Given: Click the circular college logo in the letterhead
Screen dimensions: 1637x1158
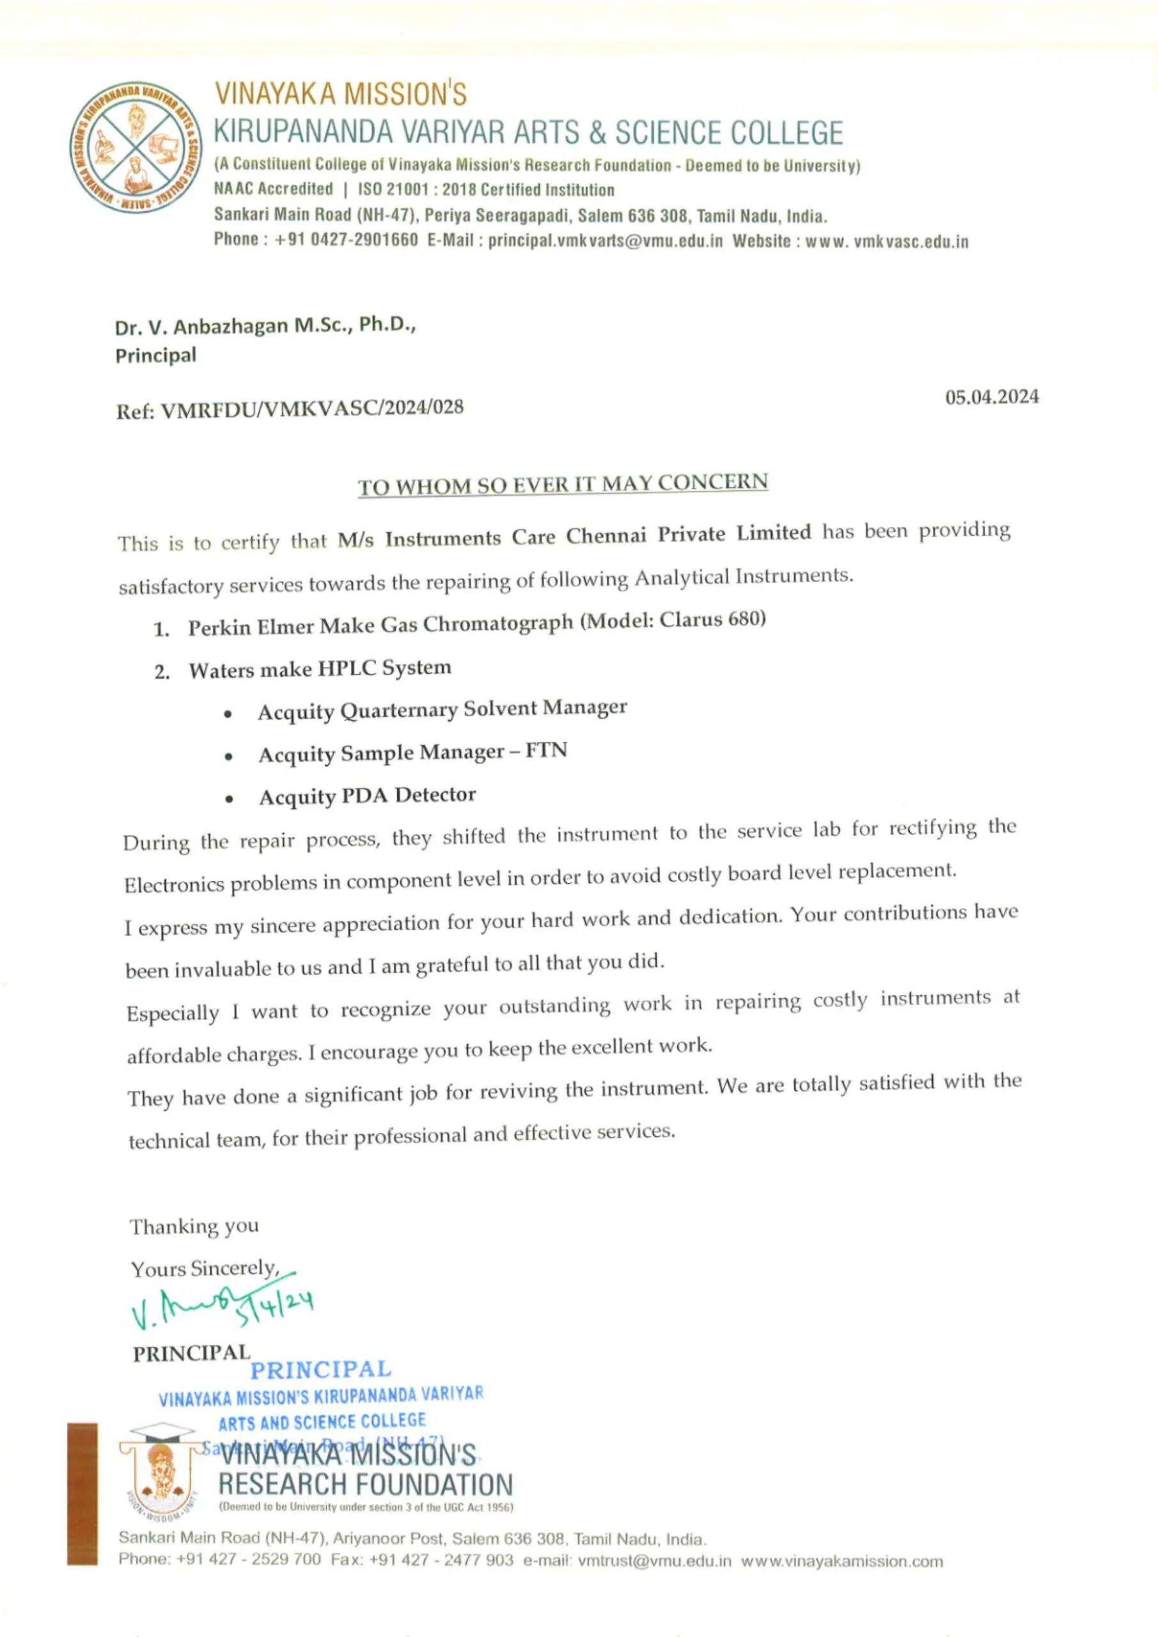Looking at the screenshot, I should [x=136, y=147].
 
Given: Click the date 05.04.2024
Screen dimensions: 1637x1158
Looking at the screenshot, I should [x=991, y=397].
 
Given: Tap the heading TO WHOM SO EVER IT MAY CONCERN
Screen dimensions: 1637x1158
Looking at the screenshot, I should [x=563, y=485].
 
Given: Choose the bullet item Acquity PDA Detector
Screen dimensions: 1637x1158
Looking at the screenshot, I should [x=367, y=795].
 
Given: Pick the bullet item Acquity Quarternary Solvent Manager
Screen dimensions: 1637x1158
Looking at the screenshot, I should [x=442, y=710].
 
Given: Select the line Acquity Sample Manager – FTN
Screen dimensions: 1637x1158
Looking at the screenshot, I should [x=413, y=753].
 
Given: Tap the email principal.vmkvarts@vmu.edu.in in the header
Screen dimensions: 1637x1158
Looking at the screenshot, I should [x=606, y=241].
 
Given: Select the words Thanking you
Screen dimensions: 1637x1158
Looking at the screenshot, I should [x=194, y=1226].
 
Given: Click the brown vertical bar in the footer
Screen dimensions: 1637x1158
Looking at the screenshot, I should [x=82, y=1494].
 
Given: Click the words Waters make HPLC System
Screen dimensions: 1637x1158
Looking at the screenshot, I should [x=320, y=670].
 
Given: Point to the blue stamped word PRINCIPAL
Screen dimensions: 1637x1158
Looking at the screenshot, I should [x=321, y=1370].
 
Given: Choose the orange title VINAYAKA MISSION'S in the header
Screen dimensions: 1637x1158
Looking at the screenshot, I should [x=341, y=94].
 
